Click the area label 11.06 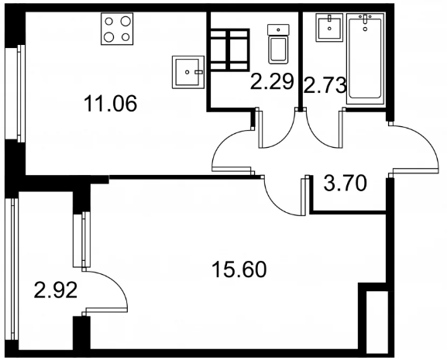[x=110, y=104]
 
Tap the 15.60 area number [x=239, y=269]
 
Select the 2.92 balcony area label [x=56, y=290]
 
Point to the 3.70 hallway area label [x=345, y=183]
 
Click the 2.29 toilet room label [x=272, y=81]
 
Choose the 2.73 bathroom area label [x=325, y=85]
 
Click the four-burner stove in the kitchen [x=117, y=29]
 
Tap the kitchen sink [x=188, y=72]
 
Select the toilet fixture [x=278, y=44]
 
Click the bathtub [x=365, y=59]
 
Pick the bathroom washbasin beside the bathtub [x=329, y=28]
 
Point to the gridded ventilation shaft [x=229, y=50]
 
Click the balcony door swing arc [x=118, y=283]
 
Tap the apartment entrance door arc [x=427, y=137]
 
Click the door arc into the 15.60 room [x=276, y=205]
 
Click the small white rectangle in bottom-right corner [x=377, y=322]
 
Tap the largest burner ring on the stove [x=126, y=21]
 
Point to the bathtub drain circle [x=365, y=29]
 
